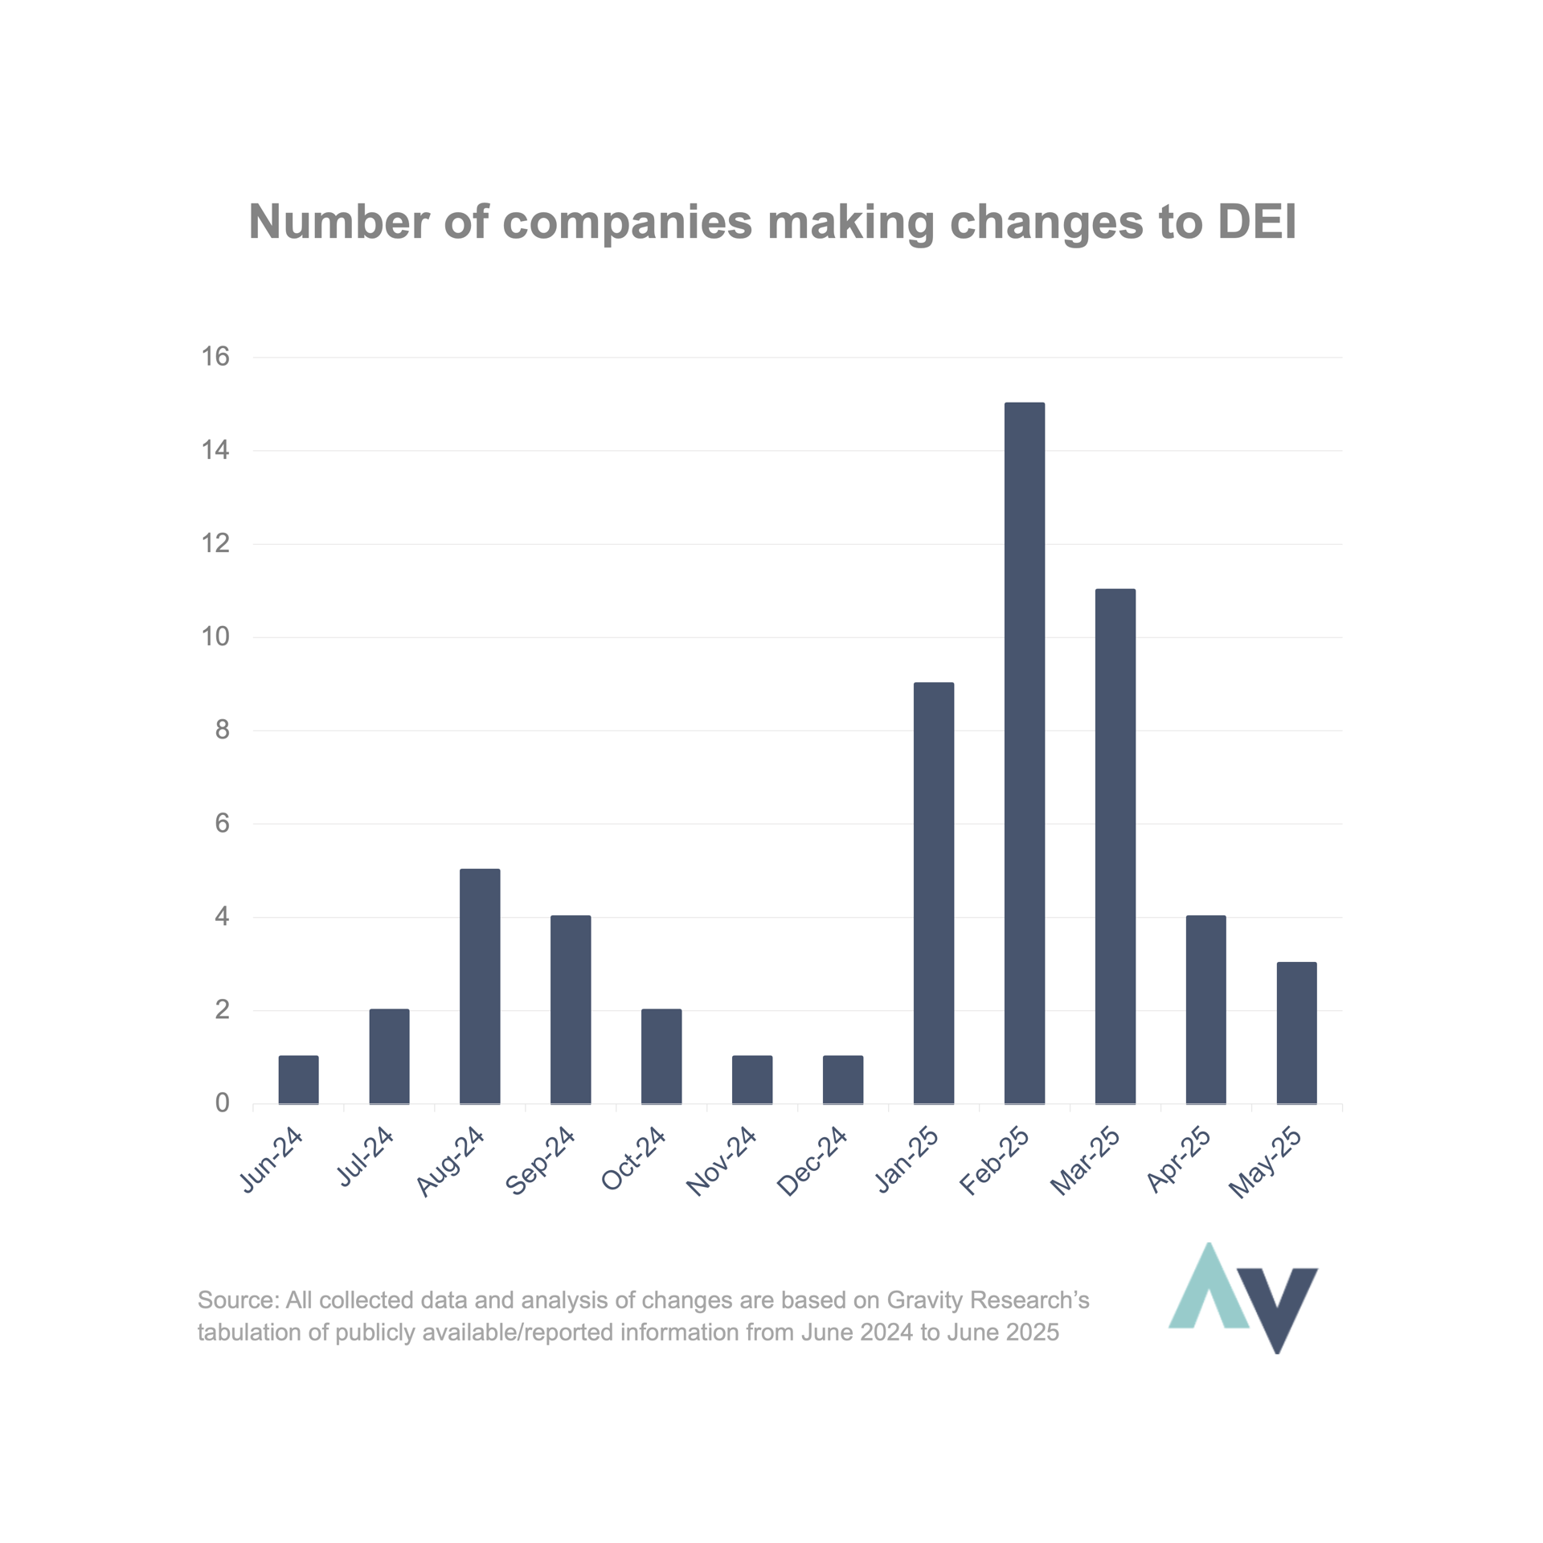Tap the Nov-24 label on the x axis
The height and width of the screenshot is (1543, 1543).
(x=722, y=1161)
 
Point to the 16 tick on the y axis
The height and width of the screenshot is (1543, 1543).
(x=215, y=356)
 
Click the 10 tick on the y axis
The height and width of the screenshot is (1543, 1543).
(x=215, y=636)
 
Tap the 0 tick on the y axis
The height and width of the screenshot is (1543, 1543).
(x=223, y=1103)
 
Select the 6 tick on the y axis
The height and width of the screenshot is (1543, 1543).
(x=223, y=823)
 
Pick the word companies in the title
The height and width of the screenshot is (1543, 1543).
(x=627, y=223)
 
